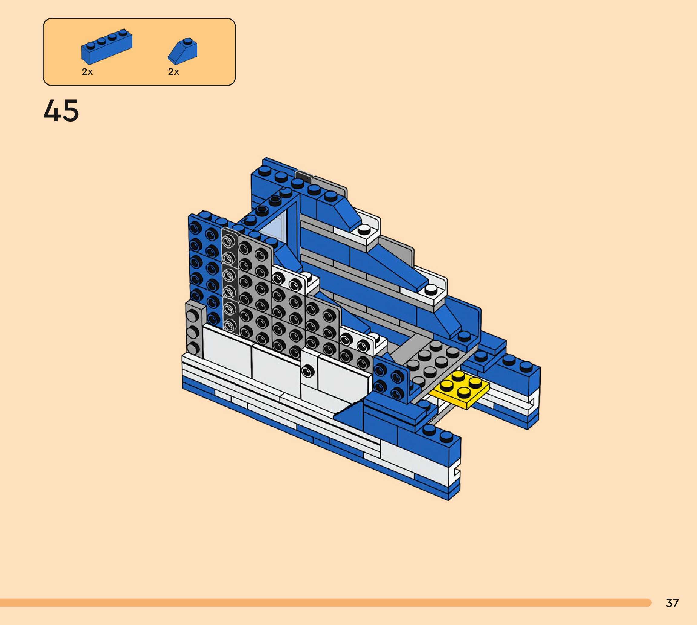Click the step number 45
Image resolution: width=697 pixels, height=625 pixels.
pyautogui.click(x=61, y=111)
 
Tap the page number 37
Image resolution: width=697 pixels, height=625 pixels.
pyautogui.click(x=672, y=603)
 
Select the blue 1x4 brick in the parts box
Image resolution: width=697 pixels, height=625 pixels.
pyautogui.click(x=107, y=47)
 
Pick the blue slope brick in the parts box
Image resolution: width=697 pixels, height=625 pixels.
pyautogui.click(x=182, y=51)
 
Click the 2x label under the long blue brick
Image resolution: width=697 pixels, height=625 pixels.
pyautogui.click(x=87, y=72)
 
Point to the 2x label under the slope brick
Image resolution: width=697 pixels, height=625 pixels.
pyautogui.click(x=173, y=72)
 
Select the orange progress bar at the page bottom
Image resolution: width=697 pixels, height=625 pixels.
pyautogui.click(x=325, y=603)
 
